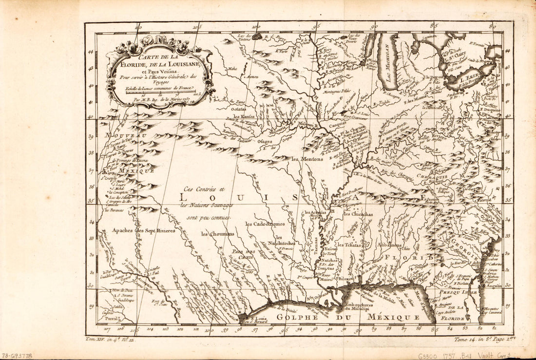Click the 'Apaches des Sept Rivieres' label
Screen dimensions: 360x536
pyautogui.click(x=143, y=230)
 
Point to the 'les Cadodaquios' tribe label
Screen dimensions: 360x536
pyautogui.click(x=265, y=224)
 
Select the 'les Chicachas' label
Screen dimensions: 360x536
pyautogui.click(x=358, y=214)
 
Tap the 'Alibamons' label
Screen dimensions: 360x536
pyautogui.click(x=389, y=245)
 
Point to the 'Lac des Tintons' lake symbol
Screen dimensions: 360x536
pyautogui.click(x=257, y=36)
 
